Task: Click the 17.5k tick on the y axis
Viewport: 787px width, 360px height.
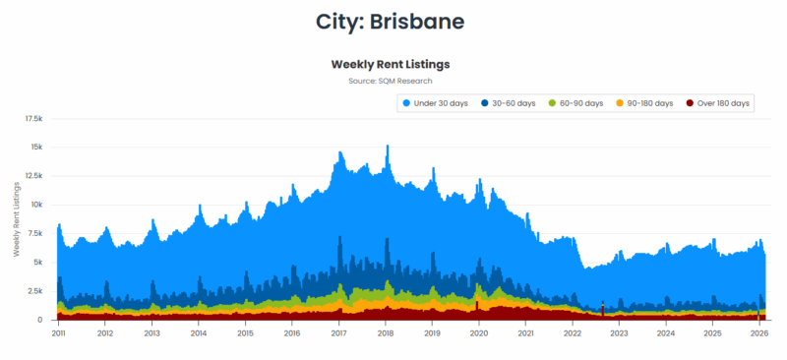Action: pyautogui.click(x=33, y=118)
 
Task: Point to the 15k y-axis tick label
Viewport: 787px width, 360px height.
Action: pyautogui.click(x=36, y=148)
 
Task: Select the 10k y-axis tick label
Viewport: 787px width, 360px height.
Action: pyautogui.click(x=36, y=205)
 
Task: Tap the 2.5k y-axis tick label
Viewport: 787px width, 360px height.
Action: pyautogui.click(x=34, y=291)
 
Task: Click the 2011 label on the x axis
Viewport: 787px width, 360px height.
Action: pyautogui.click(x=58, y=333)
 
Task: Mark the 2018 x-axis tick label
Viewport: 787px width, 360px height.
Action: pyautogui.click(x=386, y=333)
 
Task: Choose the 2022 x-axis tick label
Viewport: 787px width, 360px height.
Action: pyautogui.click(x=573, y=333)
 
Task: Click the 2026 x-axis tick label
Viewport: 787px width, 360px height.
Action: pyautogui.click(x=759, y=333)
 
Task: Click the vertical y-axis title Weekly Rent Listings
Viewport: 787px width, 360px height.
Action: pyautogui.click(x=17, y=218)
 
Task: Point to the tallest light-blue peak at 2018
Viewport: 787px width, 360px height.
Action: pyautogui.click(x=388, y=147)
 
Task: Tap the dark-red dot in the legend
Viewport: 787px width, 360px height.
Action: pyautogui.click(x=692, y=103)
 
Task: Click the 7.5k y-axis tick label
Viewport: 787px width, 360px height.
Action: pyautogui.click(x=34, y=233)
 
